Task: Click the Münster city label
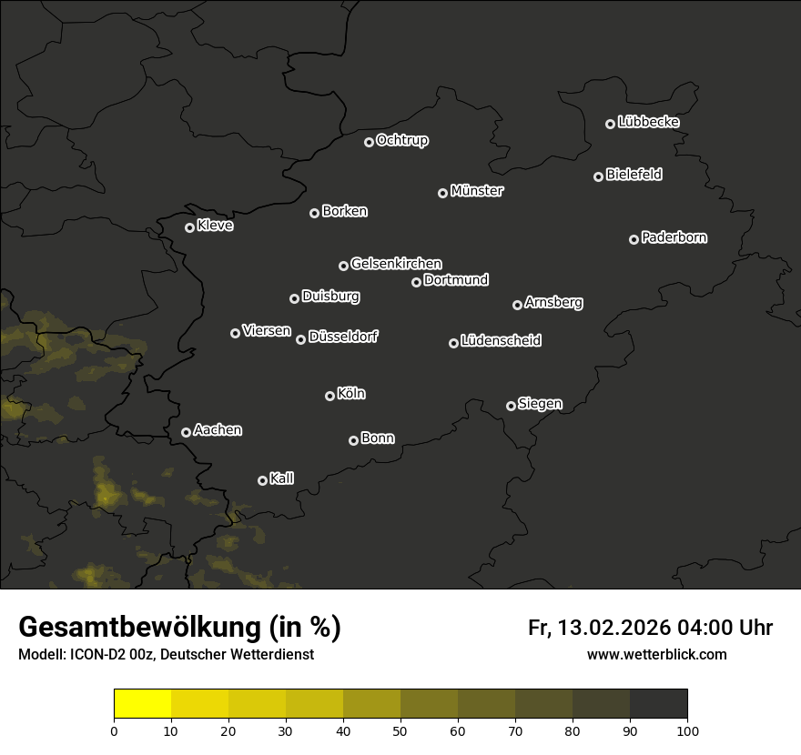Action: (476, 191)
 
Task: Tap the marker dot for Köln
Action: (330, 396)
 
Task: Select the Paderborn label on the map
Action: (674, 237)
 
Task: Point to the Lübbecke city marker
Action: (610, 124)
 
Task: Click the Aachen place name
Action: (218, 429)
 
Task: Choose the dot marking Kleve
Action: (189, 227)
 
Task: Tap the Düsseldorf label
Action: (343, 337)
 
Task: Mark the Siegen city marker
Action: (511, 406)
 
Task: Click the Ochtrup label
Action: (401, 140)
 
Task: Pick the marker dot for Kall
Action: (262, 480)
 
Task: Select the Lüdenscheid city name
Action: (501, 340)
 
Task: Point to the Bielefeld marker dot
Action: (598, 176)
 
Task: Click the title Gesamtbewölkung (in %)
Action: (179, 628)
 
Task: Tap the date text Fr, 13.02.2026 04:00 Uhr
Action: (650, 628)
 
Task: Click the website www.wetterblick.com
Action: (656, 655)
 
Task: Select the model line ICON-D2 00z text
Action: (166, 655)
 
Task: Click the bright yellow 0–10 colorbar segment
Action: (142, 704)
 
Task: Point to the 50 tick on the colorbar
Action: (400, 730)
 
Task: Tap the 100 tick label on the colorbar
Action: (687, 730)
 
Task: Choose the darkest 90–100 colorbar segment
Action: (658, 704)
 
